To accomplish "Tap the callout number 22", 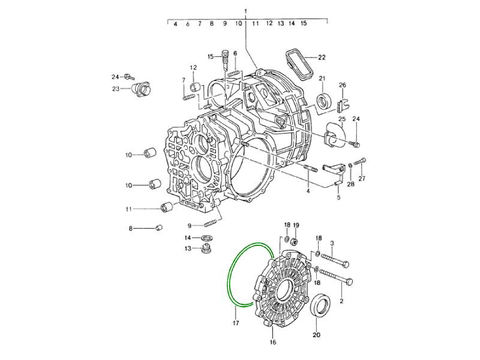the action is [322, 57].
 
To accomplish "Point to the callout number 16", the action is [273, 342].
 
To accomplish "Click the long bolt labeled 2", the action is [336, 276].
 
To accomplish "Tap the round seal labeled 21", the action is [324, 101].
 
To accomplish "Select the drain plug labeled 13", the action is [207, 248].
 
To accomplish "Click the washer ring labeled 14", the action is [208, 238].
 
